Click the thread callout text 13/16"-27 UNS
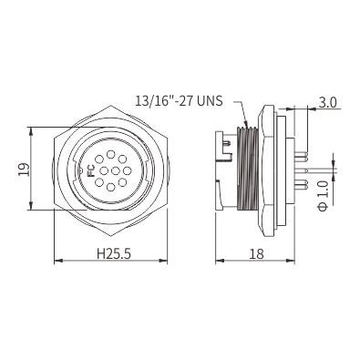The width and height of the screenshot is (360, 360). coord(179,100)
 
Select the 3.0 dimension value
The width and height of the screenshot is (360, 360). coord(327,103)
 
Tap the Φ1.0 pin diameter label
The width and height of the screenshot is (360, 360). coord(324,195)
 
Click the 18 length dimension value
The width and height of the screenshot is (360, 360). coord(256,253)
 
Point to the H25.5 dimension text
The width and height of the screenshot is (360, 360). coord(114,253)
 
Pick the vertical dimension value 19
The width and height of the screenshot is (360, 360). coord(24,170)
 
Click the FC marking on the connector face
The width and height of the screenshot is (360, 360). coord(91,171)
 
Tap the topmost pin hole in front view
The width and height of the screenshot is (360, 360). coord(111,154)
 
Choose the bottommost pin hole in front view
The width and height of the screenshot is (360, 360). coord(111,187)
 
